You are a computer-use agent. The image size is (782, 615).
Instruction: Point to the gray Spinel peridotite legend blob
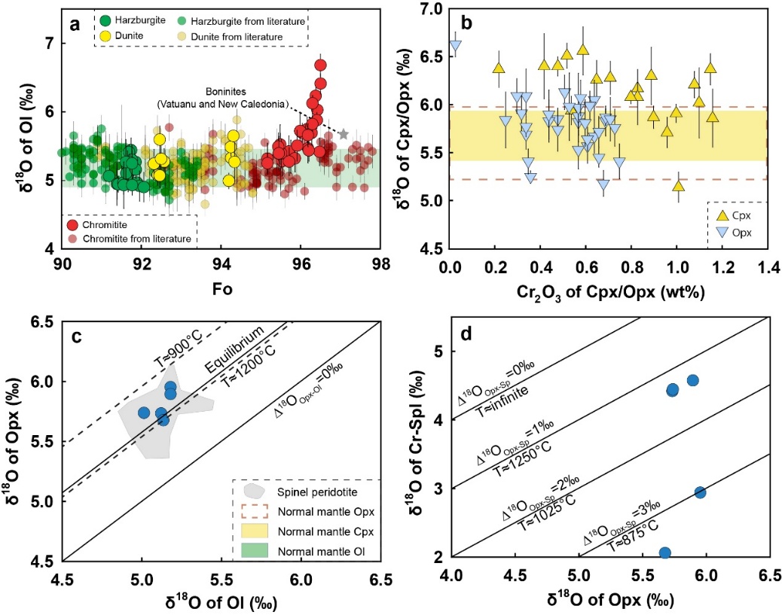256,491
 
